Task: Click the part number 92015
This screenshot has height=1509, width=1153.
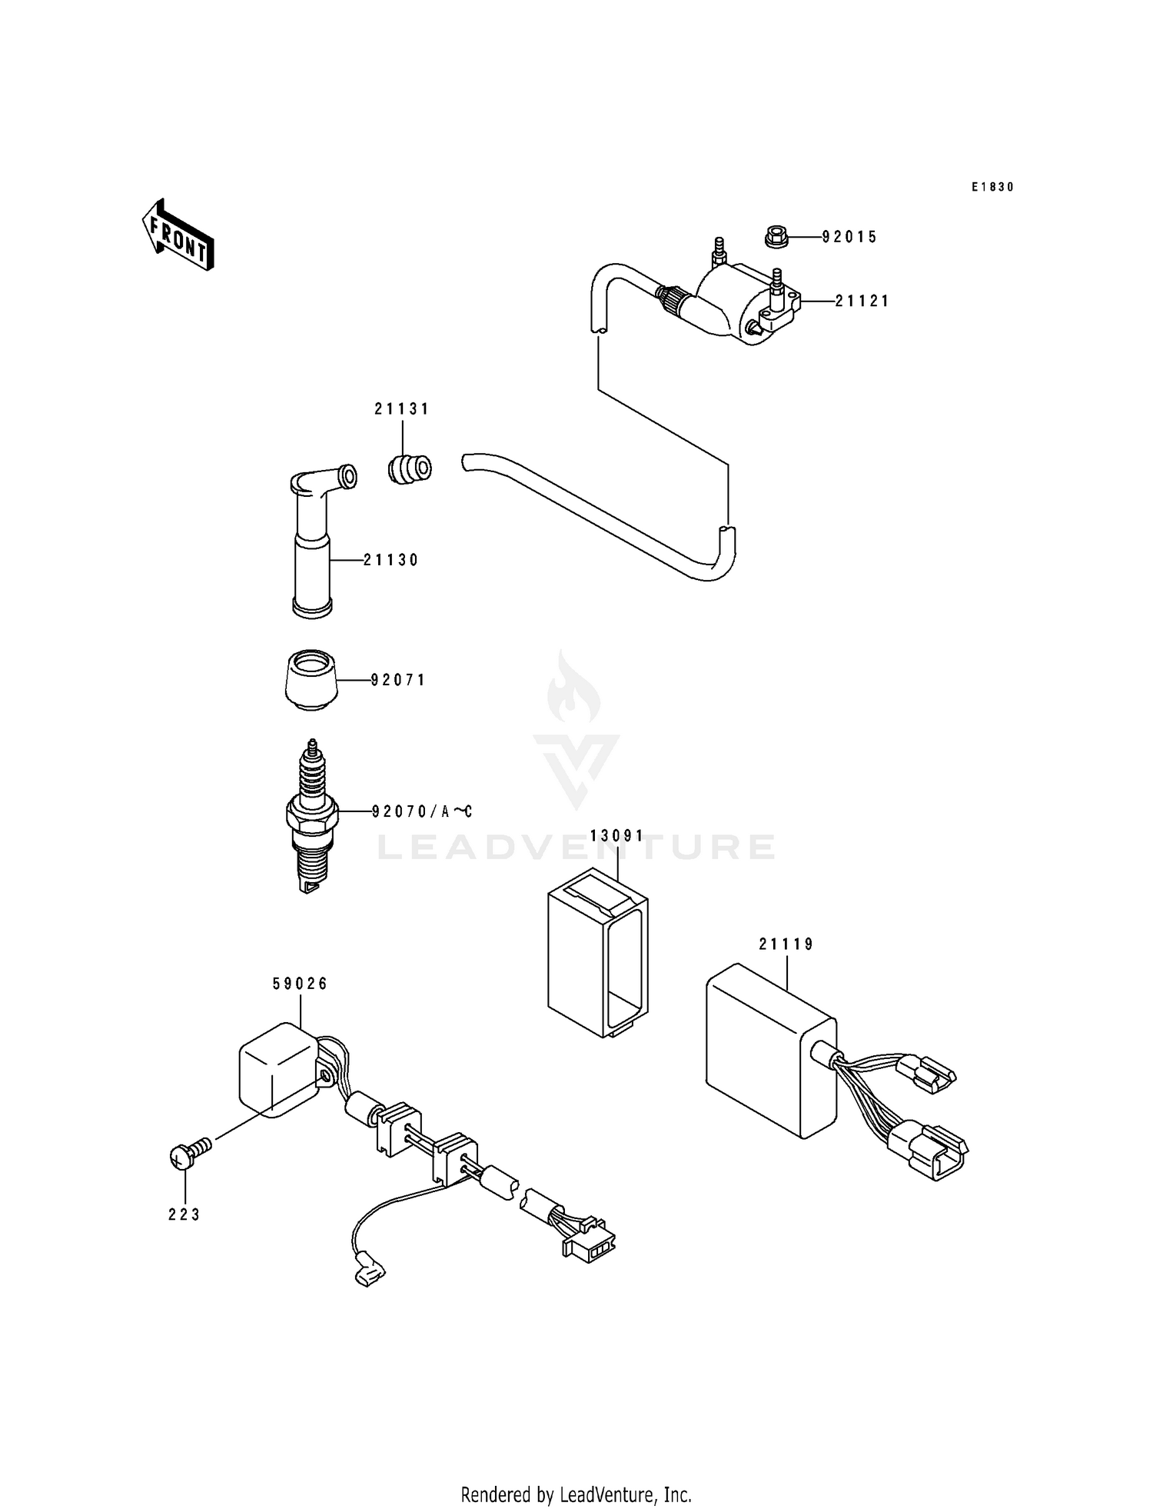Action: point(849,237)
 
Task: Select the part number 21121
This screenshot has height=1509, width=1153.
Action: point(862,301)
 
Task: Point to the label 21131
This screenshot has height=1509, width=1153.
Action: point(402,409)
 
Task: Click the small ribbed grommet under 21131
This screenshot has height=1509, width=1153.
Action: point(409,469)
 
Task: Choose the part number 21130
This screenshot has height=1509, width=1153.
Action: point(390,561)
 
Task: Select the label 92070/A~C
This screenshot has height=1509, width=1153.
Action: point(421,811)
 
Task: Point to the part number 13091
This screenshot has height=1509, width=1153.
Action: point(617,836)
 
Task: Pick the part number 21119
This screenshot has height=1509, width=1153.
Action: point(786,944)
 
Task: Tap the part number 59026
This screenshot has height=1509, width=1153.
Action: point(300,984)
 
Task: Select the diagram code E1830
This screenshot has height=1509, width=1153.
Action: point(992,187)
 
